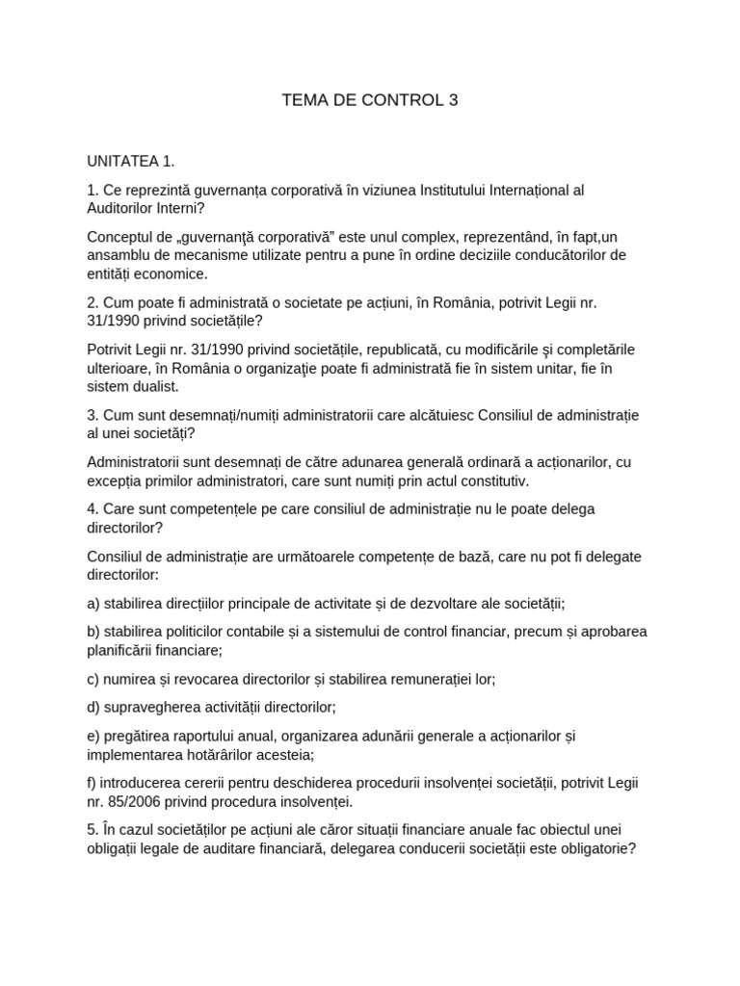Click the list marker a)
point(93,604)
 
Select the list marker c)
point(93,678)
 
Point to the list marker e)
point(93,737)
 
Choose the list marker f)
point(92,783)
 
